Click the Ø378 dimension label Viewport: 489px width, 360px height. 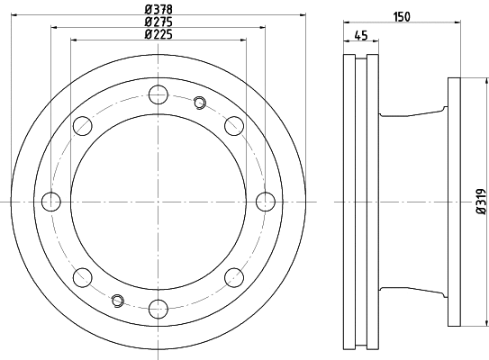[158, 10]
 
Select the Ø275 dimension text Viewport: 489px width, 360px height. [158, 22]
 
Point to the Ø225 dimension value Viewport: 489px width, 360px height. [158, 34]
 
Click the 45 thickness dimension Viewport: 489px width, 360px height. [360, 36]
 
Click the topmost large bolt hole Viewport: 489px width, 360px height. [158, 93]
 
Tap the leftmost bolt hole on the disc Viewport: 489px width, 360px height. [51, 200]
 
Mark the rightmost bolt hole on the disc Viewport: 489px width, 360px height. [265, 200]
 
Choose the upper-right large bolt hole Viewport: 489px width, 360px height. [234, 124]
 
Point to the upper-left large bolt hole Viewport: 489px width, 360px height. [83, 124]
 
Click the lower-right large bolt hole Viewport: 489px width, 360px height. [234, 275]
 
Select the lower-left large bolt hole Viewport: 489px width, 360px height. [83, 275]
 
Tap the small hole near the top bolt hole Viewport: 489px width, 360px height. [199, 103]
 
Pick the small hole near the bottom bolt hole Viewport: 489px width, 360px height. [117, 298]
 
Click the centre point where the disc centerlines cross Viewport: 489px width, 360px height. [158, 200]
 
